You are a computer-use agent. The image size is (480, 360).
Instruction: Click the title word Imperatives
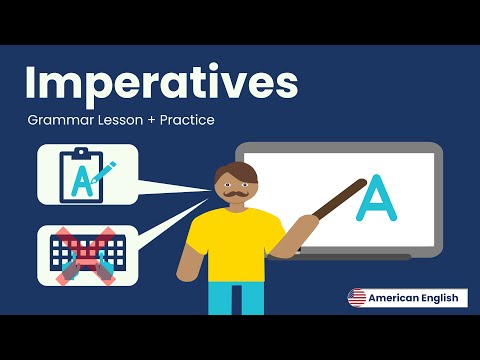click(x=161, y=83)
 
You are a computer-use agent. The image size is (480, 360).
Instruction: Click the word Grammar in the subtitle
click(x=61, y=121)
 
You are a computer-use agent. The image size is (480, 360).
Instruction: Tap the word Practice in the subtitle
click(x=184, y=121)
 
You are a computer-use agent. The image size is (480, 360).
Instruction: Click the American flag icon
click(x=356, y=297)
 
